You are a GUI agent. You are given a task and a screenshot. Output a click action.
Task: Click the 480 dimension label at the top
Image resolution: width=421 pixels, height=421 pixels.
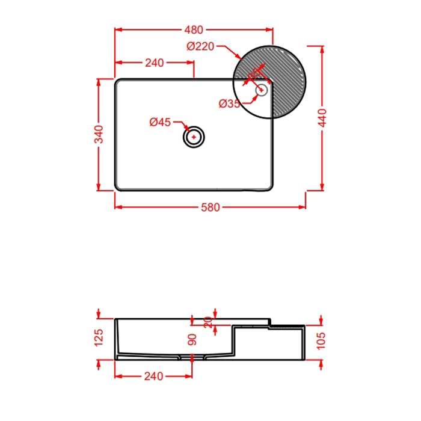[194, 29]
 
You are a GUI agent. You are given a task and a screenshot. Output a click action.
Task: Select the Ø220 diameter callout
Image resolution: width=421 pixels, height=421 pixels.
[200, 47]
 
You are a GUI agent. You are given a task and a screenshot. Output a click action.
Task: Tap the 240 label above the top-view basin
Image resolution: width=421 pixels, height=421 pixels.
[155, 63]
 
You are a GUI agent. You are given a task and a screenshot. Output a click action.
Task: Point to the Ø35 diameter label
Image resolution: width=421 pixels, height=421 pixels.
[229, 103]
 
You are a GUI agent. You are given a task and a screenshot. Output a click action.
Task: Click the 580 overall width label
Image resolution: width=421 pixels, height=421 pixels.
[210, 207]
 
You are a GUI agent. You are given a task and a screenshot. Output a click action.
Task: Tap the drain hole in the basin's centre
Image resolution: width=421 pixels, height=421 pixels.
[194, 137]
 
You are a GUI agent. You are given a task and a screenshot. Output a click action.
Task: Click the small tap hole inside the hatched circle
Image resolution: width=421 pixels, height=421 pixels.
[262, 90]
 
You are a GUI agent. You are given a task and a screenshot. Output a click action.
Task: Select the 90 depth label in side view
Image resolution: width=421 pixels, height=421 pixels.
[192, 339]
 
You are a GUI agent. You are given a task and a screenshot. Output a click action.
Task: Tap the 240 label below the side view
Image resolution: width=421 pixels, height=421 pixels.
[154, 376]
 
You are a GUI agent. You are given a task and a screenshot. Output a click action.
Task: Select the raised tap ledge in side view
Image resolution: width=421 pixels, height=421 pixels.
[286, 327]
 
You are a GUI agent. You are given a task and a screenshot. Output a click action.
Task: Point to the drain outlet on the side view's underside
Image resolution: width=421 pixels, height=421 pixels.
[192, 358]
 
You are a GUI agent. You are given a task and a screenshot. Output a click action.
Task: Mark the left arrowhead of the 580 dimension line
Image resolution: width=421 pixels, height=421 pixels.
[118, 207]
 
